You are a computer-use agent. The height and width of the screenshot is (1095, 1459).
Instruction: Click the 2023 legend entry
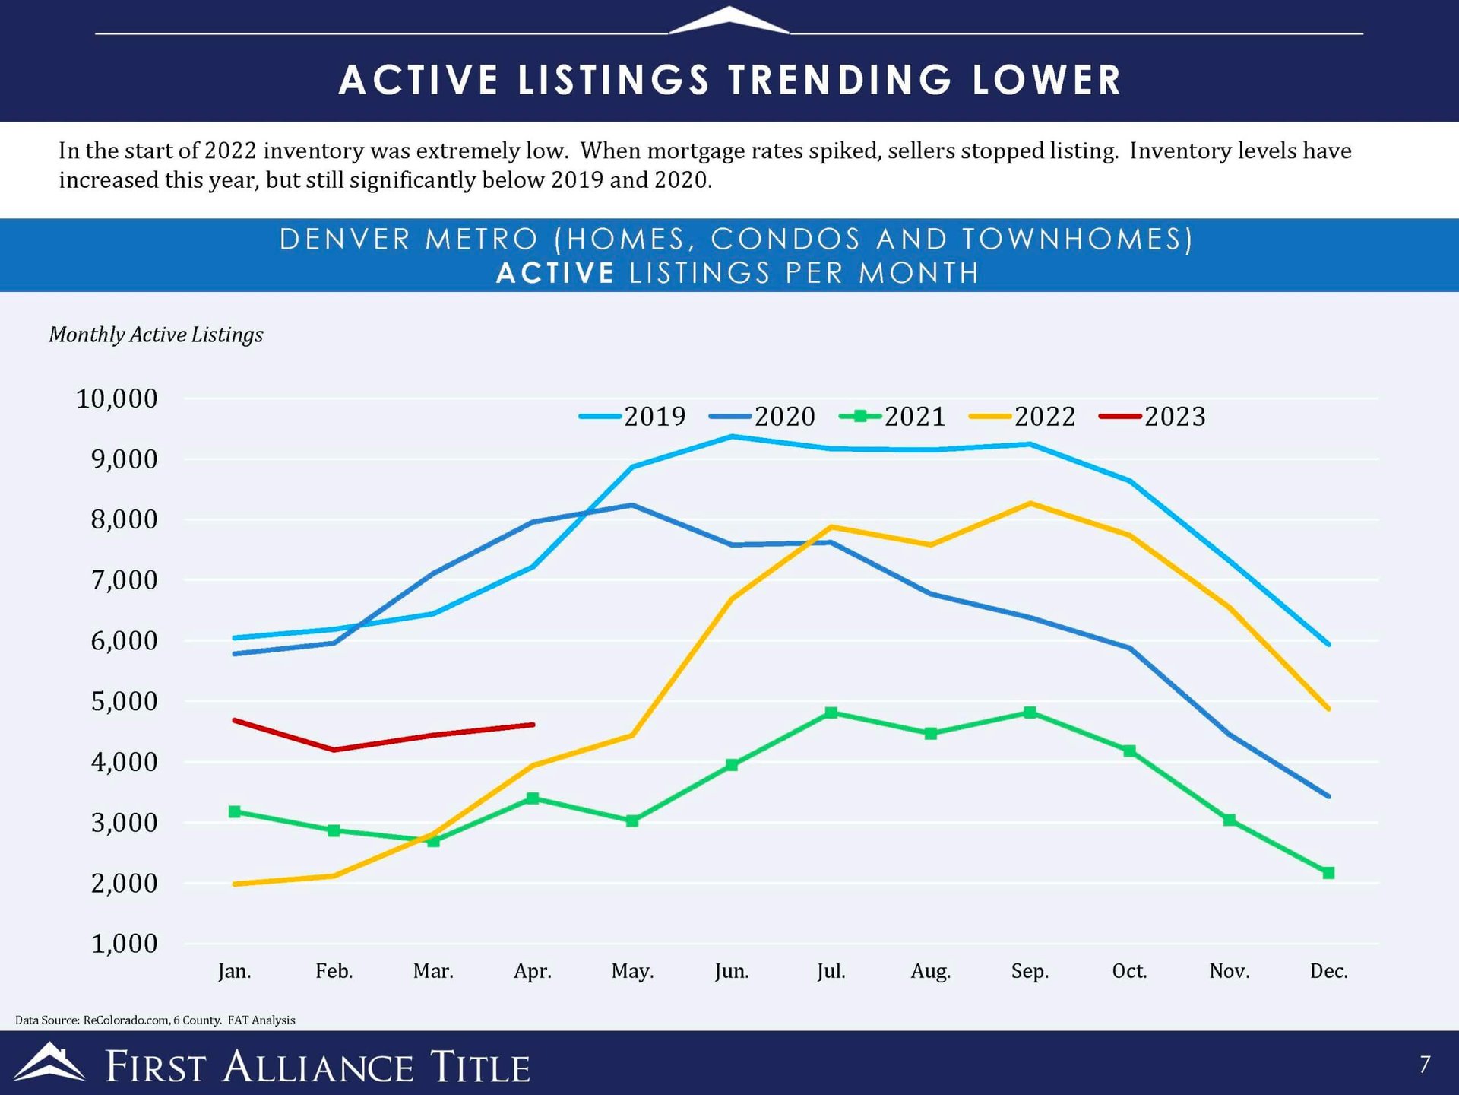pos(1153,417)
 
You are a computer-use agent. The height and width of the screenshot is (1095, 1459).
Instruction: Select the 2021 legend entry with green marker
pos(893,417)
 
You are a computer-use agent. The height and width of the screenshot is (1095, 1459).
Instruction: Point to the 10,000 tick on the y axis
pos(117,398)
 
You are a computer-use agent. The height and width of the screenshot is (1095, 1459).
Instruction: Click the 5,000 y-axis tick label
pos(124,701)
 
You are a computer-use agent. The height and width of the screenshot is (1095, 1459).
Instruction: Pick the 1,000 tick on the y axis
pos(124,944)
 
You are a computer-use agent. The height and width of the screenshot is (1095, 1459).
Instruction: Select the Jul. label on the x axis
pos(831,971)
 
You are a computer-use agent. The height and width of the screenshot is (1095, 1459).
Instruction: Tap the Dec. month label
pos(1328,971)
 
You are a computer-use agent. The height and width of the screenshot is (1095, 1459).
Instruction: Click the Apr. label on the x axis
pos(533,971)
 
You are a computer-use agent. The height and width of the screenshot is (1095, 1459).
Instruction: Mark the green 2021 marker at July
pos(831,713)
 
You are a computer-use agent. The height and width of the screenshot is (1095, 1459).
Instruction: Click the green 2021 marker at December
pos(1328,873)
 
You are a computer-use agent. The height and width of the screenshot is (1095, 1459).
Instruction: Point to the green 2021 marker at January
pos(235,811)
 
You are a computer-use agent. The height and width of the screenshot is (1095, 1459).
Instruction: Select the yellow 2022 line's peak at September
pos(1030,503)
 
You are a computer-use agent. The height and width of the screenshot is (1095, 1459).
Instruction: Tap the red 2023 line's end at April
pos(533,725)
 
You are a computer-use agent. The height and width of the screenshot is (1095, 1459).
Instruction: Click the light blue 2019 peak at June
pos(732,436)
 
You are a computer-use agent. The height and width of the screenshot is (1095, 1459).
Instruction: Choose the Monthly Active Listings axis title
pos(156,335)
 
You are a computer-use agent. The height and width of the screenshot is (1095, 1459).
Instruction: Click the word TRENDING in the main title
pos(840,80)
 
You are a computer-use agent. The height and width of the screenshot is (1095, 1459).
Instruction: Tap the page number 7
pos(1425,1064)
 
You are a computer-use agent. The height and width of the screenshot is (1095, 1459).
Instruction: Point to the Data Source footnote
pos(155,1020)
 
